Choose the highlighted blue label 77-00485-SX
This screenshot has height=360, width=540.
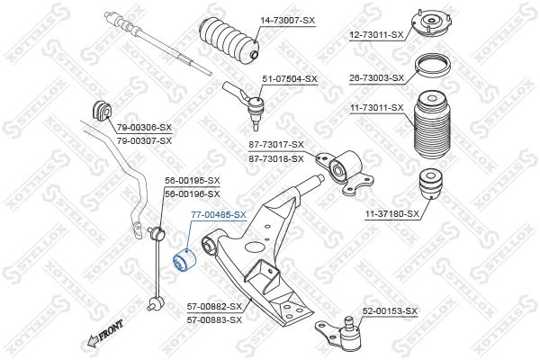pyautogui.click(x=218, y=215)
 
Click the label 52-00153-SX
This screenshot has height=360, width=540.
pyautogui.click(x=390, y=310)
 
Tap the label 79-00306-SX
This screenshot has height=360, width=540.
pyautogui.click(x=143, y=128)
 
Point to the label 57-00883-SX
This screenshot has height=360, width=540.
pyautogui.click(x=214, y=319)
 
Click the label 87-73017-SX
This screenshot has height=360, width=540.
pyautogui.click(x=276, y=144)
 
